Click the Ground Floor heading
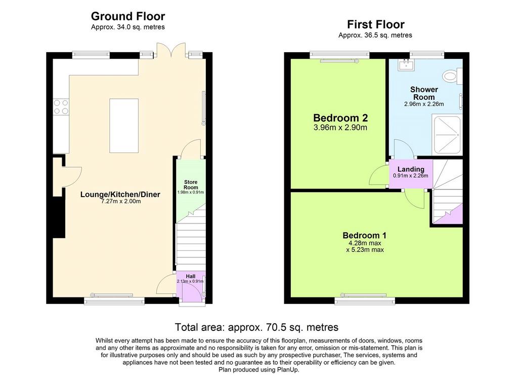point(128,16)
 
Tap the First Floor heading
point(376,24)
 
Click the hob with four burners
point(61,106)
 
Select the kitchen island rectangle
point(124,126)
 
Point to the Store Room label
point(191,184)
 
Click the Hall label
point(191,276)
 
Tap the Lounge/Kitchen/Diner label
point(120,194)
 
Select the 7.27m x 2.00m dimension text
point(120,201)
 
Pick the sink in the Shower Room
point(406,65)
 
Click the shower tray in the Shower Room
point(447,134)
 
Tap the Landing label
point(411,169)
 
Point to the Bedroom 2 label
point(340,118)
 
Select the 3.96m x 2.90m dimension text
point(340,127)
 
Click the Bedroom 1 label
point(364,235)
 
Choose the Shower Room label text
point(424,93)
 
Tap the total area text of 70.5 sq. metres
point(256,327)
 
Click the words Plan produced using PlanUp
point(259,370)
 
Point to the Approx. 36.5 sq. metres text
point(375,35)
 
